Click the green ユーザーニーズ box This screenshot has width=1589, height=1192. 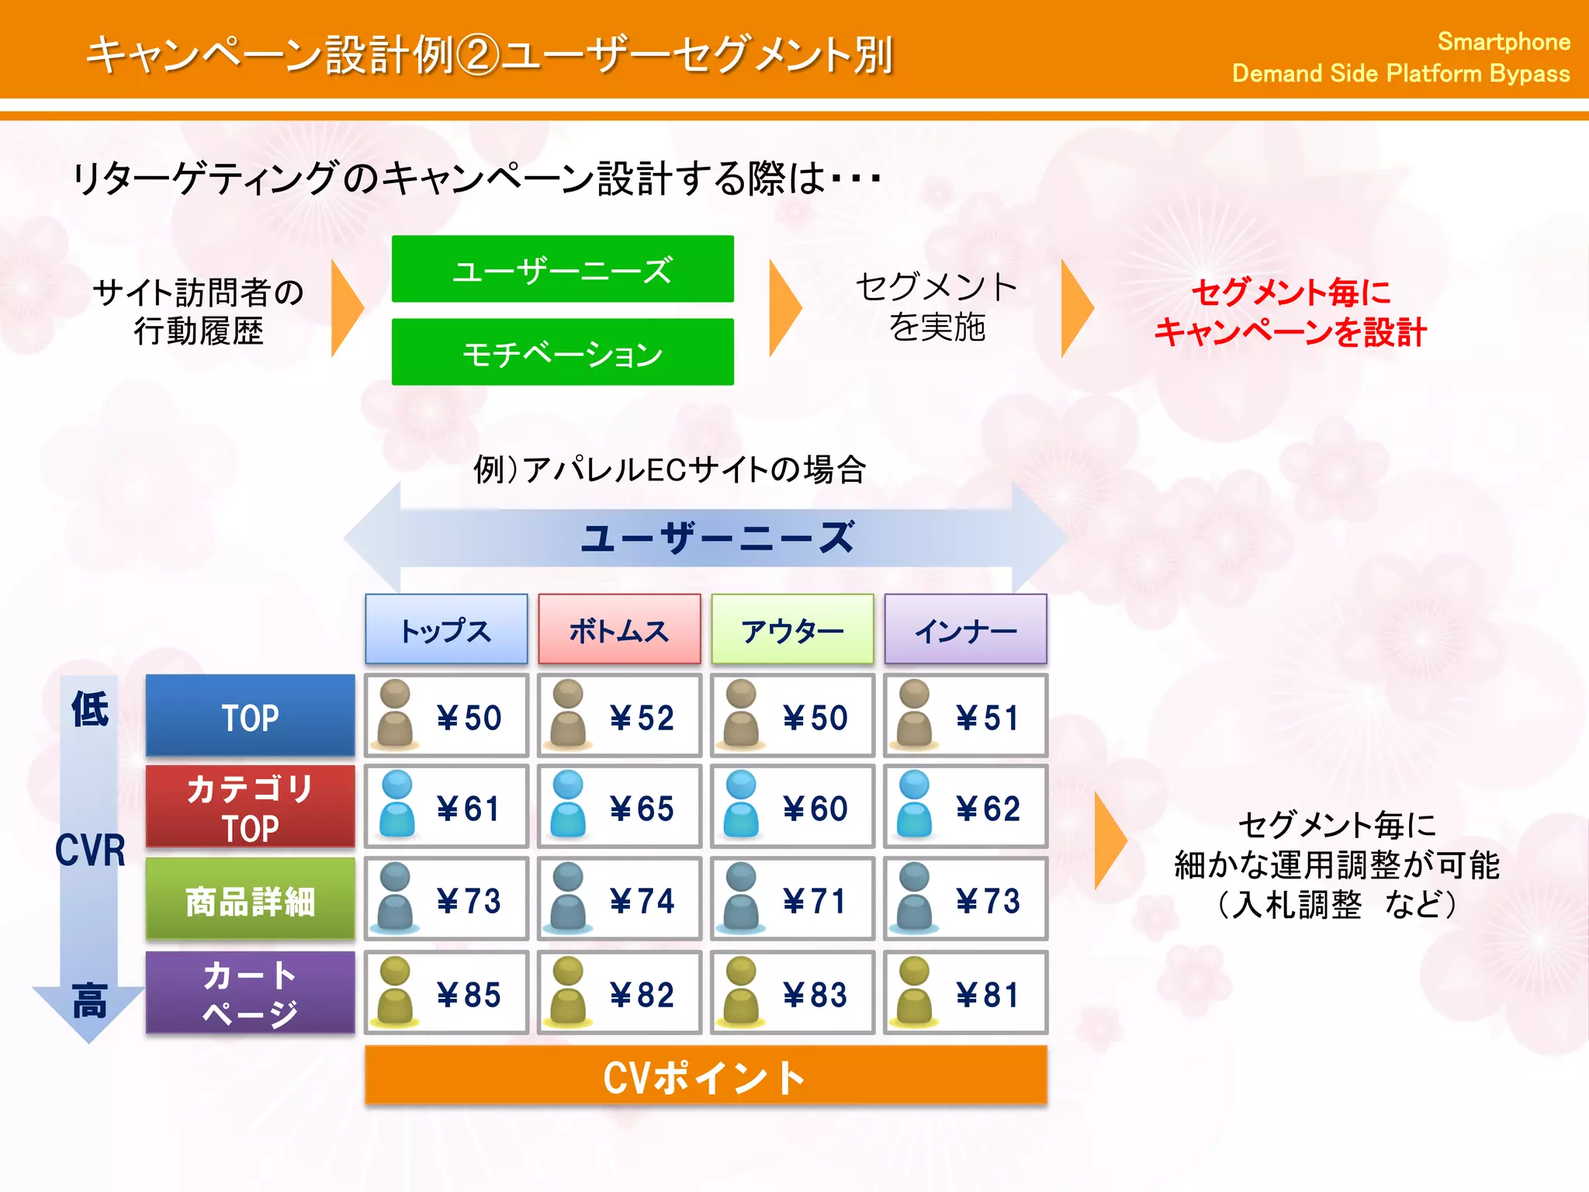point(563,269)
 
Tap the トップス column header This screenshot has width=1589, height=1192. point(446,629)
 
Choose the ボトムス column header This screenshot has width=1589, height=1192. point(619,629)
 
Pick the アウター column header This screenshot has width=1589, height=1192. point(792,629)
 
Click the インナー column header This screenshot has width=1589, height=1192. point(965,629)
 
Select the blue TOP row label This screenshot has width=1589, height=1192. point(250,716)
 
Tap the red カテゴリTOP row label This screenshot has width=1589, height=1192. point(250,806)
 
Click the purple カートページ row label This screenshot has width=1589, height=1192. point(250,993)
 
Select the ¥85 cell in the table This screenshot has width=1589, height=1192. point(446,993)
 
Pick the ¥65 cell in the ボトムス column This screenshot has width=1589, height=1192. point(619,807)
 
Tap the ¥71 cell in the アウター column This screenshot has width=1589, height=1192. point(792,899)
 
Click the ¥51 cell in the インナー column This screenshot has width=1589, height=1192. point(965,716)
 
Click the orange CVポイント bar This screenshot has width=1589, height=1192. point(705,1076)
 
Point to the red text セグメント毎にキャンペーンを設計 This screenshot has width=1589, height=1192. point(1290,312)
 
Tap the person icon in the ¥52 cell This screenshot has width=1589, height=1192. point(568,714)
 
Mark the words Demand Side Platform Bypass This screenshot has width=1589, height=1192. point(1400,74)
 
